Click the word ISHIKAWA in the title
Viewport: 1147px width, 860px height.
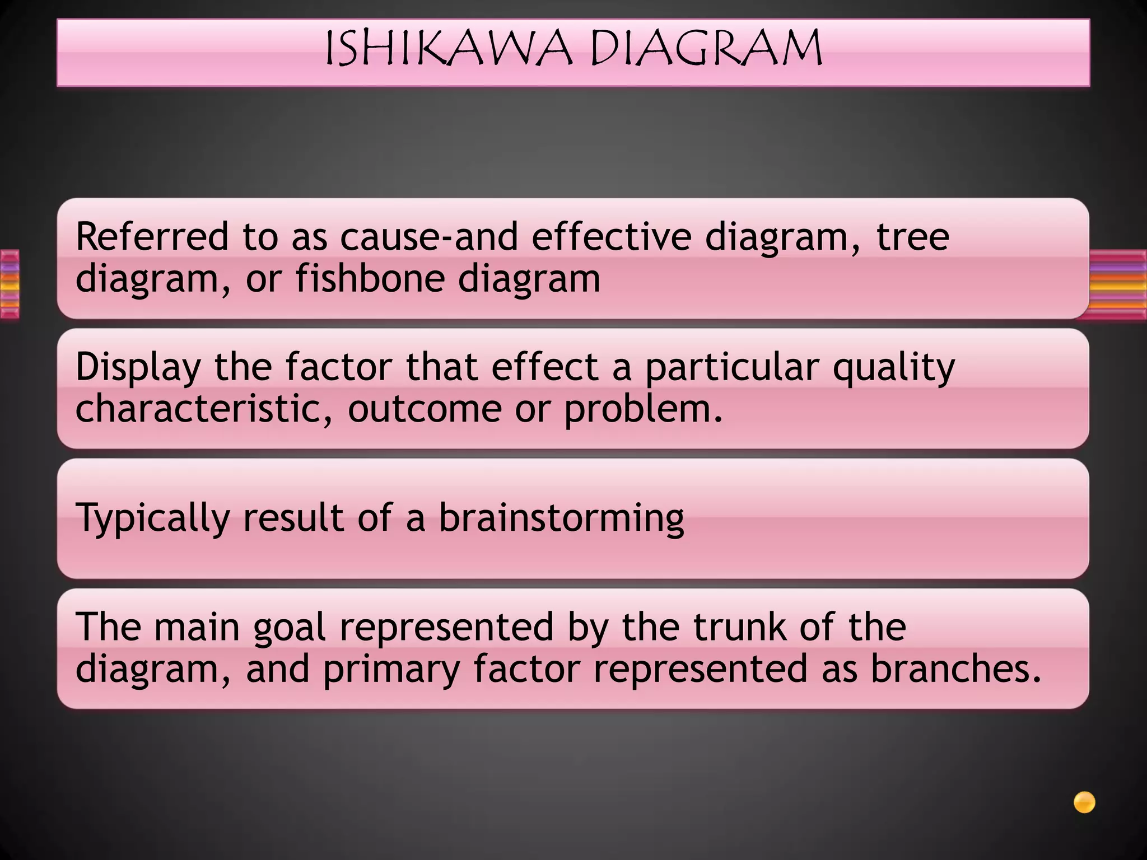pos(449,49)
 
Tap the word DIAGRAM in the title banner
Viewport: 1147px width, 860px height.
pos(706,49)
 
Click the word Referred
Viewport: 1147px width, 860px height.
pos(152,236)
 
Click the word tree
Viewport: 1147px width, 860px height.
pos(913,237)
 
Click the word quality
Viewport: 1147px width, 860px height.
pos(894,368)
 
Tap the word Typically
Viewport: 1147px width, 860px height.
pos(153,518)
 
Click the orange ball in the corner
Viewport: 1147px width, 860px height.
pos(1084,802)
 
